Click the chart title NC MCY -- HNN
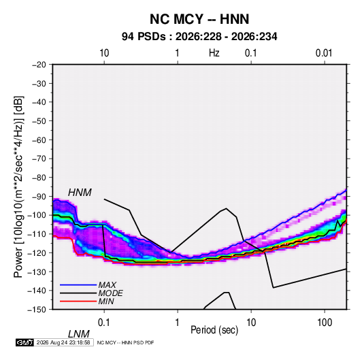coord(199,19)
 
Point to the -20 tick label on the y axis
coord(39,65)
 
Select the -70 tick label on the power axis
coord(39,159)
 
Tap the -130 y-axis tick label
coord(37,272)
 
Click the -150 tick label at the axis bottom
coord(37,309)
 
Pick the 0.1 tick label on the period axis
coord(104,323)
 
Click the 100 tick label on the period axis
coord(325,323)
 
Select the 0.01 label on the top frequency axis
coord(324,53)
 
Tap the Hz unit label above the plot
coord(214,53)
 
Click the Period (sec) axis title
coord(214,330)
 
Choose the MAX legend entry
coord(107,284)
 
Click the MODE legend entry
coord(110,293)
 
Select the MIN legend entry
coord(106,301)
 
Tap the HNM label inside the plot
coord(80,193)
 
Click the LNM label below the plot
coord(79,334)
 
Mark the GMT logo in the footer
coord(25,342)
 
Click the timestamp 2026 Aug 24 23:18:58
coord(63,342)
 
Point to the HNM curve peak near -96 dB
coord(226,208)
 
